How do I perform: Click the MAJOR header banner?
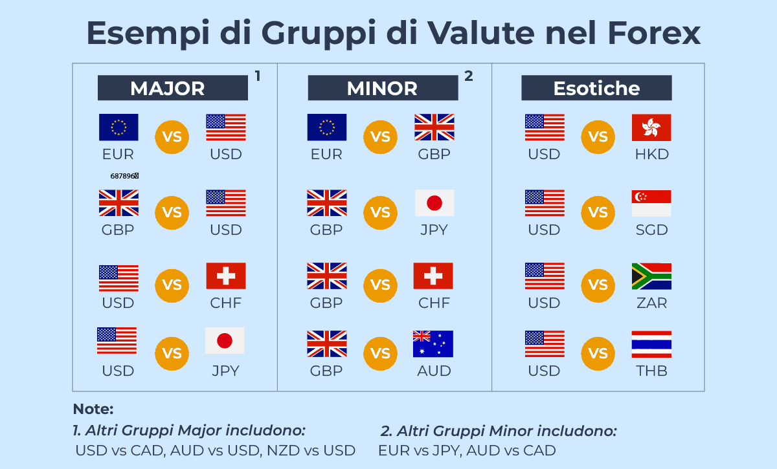[x=172, y=88]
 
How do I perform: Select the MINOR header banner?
[x=382, y=88]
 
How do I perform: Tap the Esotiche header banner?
[x=596, y=88]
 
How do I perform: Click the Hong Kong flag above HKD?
[x=651, y=127]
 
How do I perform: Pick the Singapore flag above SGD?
[x=651, y=203]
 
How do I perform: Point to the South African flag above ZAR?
[x=651, y=276]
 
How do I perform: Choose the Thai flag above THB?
[x=651, y=344]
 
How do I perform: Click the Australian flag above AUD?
[x=433, y=344]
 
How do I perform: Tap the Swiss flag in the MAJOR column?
[x=226, y=276]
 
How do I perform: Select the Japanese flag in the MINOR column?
[x=434, y=203]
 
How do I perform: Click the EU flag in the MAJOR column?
[x=118, y=127]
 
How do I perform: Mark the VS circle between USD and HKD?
[x=598, y=137]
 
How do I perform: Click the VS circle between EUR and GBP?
[x=380, y=137]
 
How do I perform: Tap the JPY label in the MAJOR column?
[x=225, y=371]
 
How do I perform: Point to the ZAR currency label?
[x=651, y=303]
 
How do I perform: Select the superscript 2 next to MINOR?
[x=469, y=76]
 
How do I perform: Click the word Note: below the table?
[x=93, y=409]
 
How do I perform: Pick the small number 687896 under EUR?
[x=124, y=176]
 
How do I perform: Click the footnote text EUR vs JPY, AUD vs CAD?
[x=467, y=450]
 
